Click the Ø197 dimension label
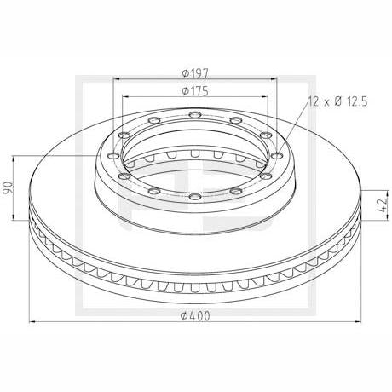[x=195, y=73]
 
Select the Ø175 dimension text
[x=195, y=91]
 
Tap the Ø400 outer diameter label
[x=195, y=315]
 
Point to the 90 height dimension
[x=8, y=187]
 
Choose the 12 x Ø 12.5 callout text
[x=338, y=101]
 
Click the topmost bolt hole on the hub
[x=195, y=115]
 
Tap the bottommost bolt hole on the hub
[x=195, y=196]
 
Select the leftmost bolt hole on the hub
[x=113, y=155]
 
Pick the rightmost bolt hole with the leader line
[x=277, y=155]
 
